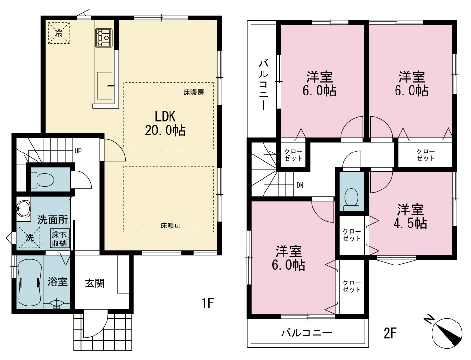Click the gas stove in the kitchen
coord(104,38)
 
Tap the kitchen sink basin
coord(105,86)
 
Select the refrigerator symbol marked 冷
coord(59,33)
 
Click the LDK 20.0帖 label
coord(165,124)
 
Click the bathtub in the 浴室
coord(29,283)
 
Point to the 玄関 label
coord(94,283)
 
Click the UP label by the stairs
coord(78,151)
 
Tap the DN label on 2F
coord(300,185)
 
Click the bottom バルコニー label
coord(307,333)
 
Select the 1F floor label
coord(207,303)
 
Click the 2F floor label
coord(390,333)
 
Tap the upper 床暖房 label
coord(194,92)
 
